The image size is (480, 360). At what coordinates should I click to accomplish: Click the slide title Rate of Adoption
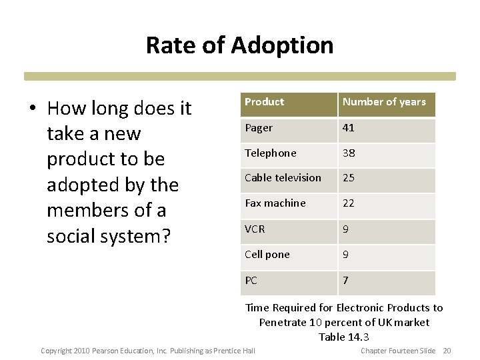239,45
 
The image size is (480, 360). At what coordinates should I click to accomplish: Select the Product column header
264,102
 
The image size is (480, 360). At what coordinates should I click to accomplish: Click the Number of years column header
383,102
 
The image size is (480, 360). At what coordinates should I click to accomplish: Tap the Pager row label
258,127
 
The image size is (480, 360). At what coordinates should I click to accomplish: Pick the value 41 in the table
348,127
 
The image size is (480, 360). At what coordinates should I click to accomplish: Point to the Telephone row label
270,153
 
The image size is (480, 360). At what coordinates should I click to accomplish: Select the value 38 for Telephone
349,153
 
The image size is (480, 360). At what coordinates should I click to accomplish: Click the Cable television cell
283,178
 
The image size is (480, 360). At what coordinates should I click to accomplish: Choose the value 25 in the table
349,178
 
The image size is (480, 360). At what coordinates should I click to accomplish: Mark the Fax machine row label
275,203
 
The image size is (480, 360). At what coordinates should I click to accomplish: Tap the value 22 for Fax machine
349,203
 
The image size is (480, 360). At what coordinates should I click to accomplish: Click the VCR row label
255,229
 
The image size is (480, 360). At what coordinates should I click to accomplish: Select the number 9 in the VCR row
345,229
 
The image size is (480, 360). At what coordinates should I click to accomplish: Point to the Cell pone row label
267,255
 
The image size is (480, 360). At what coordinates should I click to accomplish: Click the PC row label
251,281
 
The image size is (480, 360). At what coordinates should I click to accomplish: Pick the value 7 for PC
345,281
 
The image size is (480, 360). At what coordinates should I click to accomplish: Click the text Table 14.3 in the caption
344,337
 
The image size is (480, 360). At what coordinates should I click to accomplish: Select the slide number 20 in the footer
447,351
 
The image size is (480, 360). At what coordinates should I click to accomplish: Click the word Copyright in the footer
56,351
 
